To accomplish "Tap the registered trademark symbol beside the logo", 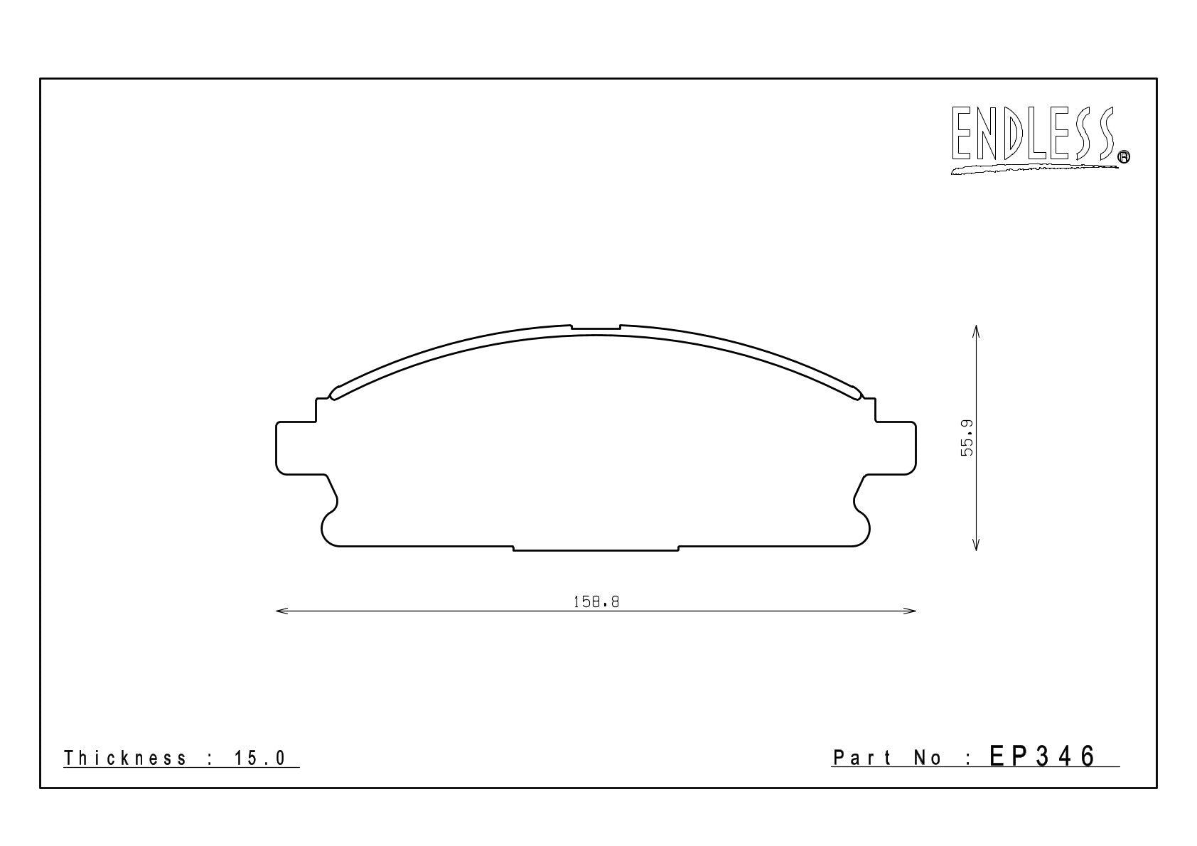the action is [1124, 156].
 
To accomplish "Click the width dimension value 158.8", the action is [596, 602].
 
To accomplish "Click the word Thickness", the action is [125, 758].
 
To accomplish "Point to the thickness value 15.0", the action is [260, 758].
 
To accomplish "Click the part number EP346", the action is [1043, 756].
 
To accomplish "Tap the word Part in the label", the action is [862, 758].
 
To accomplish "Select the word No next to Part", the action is [928, 758].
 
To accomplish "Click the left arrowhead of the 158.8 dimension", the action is [281, 611].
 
